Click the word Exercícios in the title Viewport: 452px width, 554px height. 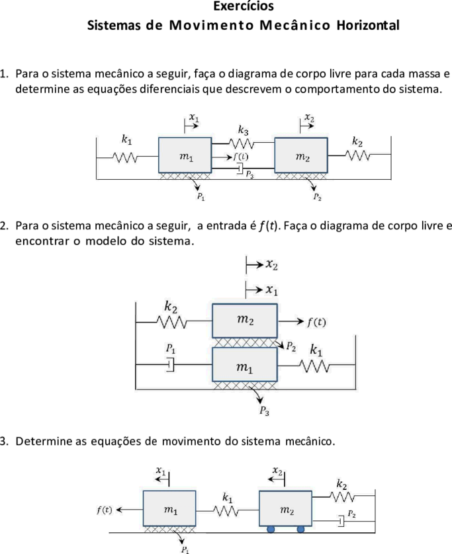[x=244, y=6]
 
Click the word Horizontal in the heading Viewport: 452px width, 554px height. [x=368, y=25]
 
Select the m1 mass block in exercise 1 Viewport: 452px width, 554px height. [x=185, y=155]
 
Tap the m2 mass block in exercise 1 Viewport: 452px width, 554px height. [x=301, y=155]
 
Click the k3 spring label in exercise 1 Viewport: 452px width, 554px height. [x=243, y=130]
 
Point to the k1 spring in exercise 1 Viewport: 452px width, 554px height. [x=125, y=157]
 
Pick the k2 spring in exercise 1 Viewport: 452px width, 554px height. [x=358, y=155]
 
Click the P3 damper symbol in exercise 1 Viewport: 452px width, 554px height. [x=240, y=169]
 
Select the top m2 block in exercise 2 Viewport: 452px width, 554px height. [x=245, y=321]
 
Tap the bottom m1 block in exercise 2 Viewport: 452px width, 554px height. [x=245, y=364]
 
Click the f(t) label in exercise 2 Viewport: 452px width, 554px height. [x=316, y=322]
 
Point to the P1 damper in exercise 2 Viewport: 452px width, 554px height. [x=171, y=365]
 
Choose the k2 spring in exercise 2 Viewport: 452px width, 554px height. [x=171, y=322]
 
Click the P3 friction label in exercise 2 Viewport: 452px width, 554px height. [x=265, y=411]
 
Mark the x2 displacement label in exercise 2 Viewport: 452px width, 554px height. [x=271, y=264]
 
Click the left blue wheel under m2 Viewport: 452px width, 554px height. [x=271, y=529]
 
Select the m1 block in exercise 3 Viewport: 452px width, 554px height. [x=169, y=508]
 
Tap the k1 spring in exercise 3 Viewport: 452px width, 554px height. [x=226, y=511]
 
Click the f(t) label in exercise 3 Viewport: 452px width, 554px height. [x=105, y=510]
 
